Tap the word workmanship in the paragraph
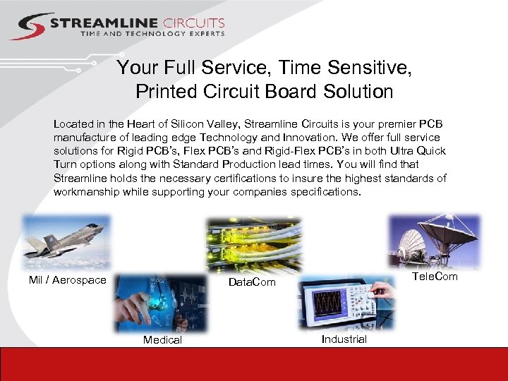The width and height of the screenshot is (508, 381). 86,191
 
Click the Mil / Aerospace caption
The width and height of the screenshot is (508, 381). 67,280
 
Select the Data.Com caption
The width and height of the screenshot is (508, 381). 251,282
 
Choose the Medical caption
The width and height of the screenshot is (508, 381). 162,339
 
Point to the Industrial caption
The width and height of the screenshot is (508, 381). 344,339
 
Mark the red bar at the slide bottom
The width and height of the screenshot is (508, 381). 254,364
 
